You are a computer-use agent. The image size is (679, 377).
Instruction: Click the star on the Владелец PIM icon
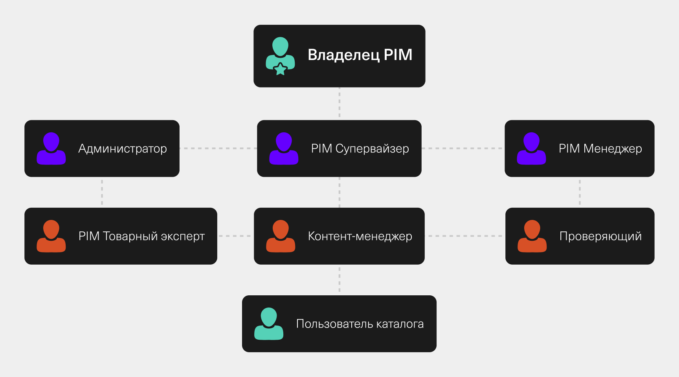click(x=280, y=69)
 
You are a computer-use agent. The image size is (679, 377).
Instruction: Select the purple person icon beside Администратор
click(x=51, y=148)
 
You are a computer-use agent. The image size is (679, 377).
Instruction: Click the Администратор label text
click(x=123, y=148)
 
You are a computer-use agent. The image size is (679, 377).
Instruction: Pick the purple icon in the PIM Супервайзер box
click(x=284, y=148)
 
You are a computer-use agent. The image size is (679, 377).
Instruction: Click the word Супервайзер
click(x=372, y=148)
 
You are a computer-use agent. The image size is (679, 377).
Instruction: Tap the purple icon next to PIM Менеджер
click(x=531, y=148)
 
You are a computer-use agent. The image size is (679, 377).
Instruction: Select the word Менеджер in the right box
click(x=613, y=148)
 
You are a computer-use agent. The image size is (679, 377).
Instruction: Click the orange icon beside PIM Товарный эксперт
click(x=51, y=236)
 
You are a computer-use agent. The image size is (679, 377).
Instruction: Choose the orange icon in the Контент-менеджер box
click(x=281, y=236)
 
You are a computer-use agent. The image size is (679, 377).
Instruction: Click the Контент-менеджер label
click(x=360, y=236)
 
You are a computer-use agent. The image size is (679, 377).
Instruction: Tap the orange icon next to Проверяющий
click(x=532, y=236)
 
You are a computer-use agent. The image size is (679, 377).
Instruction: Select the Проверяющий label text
click(x=600, y=236)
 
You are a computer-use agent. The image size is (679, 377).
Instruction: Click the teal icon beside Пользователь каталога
click(x=269, y=324)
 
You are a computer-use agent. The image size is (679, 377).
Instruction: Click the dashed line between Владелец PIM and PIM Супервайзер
click(x=339, y=103)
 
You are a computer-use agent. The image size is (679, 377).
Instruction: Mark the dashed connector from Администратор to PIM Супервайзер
click(x=218, y=148)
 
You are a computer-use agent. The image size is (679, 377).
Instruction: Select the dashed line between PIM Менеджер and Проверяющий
click(x=580, y=192)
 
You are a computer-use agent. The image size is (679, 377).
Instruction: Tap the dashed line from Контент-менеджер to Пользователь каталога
click(x=339, y=280)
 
